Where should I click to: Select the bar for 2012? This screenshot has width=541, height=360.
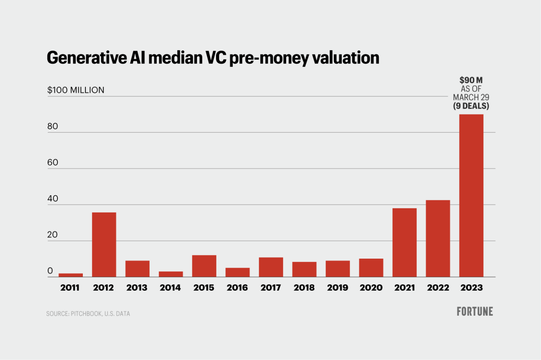[x=104, y=245]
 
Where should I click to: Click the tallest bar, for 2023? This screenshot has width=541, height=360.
[x=471, y=196]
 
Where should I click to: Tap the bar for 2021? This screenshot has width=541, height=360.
[x=404, y=243]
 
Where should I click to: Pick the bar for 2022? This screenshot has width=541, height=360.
[x=438, y=238]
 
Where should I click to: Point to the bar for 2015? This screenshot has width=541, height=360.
[x=204, y=266]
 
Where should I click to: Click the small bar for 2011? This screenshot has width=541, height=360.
[x=71, y=275]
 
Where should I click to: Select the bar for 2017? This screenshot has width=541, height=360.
[x=271, y=267]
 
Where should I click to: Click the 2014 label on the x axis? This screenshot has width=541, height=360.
[x=170, y=288]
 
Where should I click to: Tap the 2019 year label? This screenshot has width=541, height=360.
[x=337, y=288]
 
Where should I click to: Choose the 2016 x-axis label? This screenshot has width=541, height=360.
[x=237, y=288]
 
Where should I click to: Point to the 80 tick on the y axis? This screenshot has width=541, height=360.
[x=52, y=127]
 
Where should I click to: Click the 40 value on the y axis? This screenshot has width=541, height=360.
[x=53, y=199]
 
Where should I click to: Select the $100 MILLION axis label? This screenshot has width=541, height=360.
[x=76, y=90]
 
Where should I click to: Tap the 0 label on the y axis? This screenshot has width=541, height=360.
[x=50, y=271]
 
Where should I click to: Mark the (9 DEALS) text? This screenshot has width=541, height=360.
[x=471, y=106]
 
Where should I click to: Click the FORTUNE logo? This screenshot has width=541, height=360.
[x=475, y=312]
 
